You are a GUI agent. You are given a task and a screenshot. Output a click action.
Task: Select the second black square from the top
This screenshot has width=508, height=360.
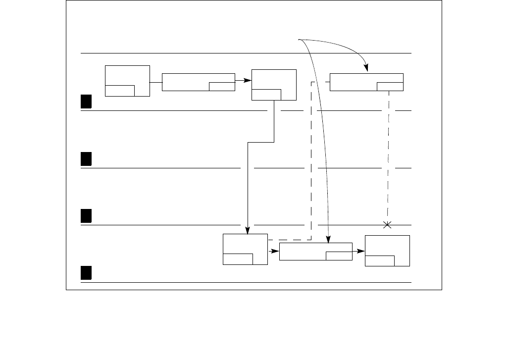click(x=86, y=159)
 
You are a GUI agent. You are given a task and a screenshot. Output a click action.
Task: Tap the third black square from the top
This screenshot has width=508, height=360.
click(x=86, y=216)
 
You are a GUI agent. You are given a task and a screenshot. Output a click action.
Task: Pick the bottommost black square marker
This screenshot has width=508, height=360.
click(x=86, y=273)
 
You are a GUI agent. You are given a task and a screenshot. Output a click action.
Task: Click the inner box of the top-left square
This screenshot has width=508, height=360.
click(x=120, y=91)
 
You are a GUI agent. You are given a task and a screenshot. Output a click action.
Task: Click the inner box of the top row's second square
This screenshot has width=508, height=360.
click(x=266, y=95)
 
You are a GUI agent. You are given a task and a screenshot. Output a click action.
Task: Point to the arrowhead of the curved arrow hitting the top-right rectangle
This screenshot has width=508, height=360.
click(x=366, y=70)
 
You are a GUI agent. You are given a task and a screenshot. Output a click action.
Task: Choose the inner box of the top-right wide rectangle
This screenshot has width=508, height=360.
click(x=390, y=87)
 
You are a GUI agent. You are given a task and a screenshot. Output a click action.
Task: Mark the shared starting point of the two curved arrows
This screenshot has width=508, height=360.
click(x=300, y=40)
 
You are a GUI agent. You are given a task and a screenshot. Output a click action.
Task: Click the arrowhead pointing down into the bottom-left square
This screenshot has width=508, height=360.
click(x=247, y=230)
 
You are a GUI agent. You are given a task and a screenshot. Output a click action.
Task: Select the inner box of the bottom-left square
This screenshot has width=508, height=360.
click(x=238, y=259)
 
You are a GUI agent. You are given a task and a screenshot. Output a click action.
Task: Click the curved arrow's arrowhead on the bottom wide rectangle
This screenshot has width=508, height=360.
click(x=328, y=240)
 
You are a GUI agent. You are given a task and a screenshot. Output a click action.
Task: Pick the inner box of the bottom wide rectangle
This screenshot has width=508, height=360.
click(x=339, y=256)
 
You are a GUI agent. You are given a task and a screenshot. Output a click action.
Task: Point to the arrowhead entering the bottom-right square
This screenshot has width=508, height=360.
click(x=362, y=251)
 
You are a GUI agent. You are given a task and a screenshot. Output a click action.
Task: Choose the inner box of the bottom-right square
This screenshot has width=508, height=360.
click(x=380, y=260)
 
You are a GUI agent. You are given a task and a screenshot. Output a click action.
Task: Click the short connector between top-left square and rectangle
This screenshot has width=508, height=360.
click(x=156, y=82)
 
